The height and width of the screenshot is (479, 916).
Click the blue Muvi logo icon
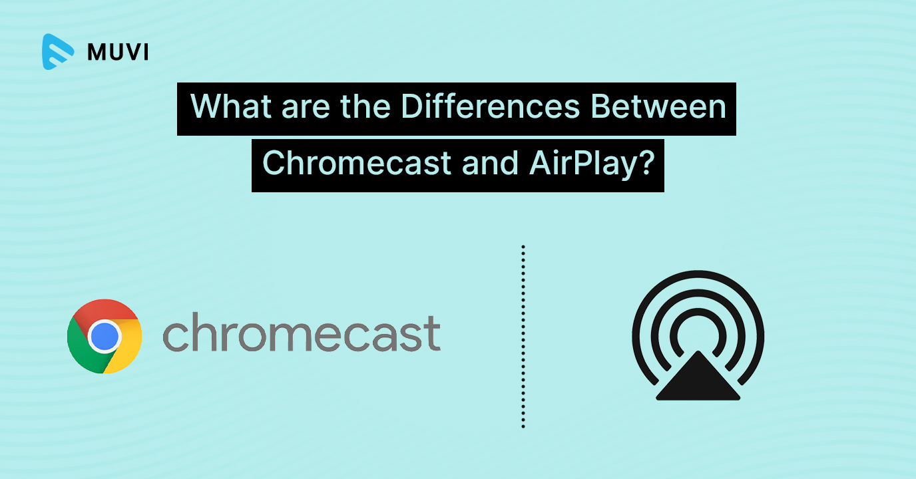coord(58,52)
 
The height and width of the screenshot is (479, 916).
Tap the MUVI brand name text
coord(118,53)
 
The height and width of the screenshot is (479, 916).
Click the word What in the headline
coord(230,106)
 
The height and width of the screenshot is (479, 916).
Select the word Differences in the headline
coord(490,106)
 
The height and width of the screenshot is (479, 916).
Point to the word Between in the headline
coord(658,106)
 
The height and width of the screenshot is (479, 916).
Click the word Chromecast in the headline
coord(357,163)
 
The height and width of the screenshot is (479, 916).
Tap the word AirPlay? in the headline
coord(592,164)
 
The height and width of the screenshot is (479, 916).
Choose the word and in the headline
coord(490,163)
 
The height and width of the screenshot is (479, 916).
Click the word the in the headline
coord(365,106)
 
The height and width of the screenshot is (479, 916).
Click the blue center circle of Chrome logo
coord(105,337)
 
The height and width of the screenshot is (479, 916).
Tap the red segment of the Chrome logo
coord(105,310)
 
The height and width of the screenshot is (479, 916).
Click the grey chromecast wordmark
coord(302,332)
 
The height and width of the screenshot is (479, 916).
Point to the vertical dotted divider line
coord(523,337)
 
